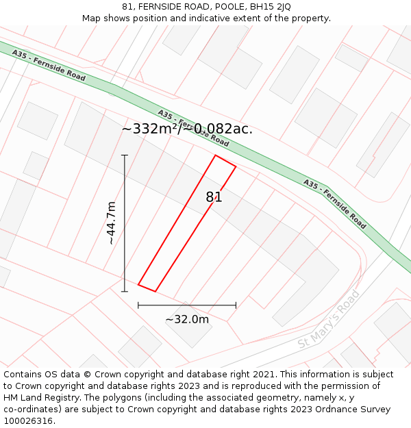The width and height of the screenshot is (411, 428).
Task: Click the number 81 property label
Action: tap(214, 197)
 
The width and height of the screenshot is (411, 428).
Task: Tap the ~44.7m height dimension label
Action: tap(111, 223)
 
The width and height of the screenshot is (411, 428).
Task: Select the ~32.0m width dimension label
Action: tap(187, 319)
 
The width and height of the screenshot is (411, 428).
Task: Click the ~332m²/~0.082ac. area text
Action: tap(187, 129)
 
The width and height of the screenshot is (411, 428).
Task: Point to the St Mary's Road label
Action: tap(329, 320)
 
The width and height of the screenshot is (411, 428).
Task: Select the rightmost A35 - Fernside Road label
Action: tap(334, 203)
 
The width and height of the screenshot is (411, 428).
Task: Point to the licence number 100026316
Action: tap(29, 421)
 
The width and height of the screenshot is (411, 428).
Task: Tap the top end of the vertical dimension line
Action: tap(125, 155)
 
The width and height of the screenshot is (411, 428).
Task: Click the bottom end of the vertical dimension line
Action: tap(125, 292)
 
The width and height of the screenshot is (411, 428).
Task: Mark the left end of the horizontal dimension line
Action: tap(138, 305)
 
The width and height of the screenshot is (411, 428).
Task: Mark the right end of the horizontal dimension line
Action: tap(236, 305)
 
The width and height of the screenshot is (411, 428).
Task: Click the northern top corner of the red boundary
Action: tap(216, 155)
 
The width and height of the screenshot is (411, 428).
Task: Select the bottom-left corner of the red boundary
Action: tap(138, 284)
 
